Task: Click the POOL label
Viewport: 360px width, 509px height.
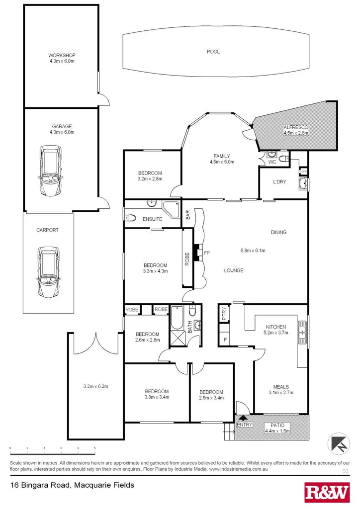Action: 213,52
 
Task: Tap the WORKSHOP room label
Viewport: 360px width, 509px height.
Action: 62,55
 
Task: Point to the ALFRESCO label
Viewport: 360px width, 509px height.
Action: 296,127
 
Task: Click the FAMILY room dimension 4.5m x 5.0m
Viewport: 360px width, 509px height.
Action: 221,162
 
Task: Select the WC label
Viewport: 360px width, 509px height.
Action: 272,162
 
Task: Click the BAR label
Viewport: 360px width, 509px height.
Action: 188,215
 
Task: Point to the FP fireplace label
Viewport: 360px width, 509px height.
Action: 207,253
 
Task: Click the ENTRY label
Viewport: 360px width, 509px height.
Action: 245,424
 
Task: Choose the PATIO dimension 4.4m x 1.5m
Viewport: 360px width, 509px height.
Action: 277,431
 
